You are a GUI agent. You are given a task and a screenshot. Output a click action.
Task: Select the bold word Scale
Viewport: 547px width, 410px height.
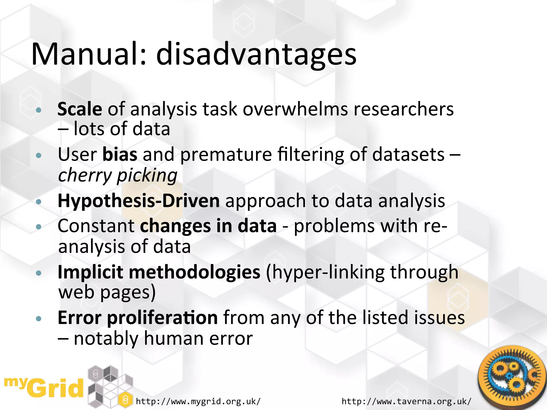point(80,109)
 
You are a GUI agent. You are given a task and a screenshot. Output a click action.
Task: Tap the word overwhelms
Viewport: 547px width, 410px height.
point(295,109)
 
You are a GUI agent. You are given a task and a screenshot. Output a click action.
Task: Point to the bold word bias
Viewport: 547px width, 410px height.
point(120,155)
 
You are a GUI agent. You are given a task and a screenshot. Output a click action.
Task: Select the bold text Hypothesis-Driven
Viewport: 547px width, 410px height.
point(139,201)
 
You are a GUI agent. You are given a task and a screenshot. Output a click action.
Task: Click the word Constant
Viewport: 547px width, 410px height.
point(96,226)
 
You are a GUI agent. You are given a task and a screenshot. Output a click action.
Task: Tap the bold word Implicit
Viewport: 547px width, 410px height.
point(90,272)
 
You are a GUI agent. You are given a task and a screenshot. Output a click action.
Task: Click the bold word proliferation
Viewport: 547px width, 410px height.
point(162,318)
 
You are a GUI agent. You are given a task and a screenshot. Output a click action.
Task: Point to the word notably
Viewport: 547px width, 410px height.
point(106,338)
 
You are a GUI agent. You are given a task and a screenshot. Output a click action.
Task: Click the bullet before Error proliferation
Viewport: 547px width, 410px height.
point(39,318)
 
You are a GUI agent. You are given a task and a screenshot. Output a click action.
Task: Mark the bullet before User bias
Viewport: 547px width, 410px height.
point(39,155)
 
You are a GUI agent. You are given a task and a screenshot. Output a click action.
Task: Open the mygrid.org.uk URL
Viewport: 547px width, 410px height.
point(198,401)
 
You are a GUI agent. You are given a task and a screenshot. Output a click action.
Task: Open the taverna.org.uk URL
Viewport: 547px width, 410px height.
point(406,401)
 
